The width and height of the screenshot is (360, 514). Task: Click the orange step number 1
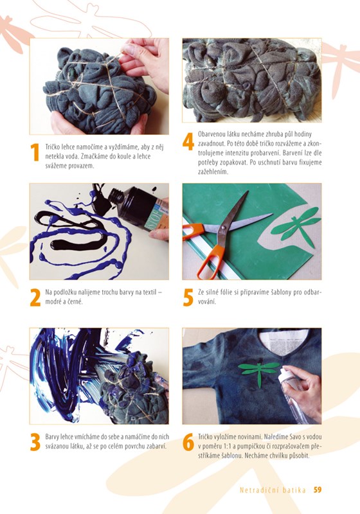coord(35,152)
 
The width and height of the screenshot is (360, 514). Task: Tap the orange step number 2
coord(35,297)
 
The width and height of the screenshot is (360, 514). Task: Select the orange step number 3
coord(35,442)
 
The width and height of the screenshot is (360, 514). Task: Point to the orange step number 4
coord(188,142)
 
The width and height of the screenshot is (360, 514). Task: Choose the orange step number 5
coord(188,297)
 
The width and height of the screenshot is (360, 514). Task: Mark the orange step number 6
coord(188,442)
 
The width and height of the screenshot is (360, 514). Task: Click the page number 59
coord(318,490)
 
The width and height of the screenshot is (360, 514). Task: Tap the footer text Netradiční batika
coord(273,490)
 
